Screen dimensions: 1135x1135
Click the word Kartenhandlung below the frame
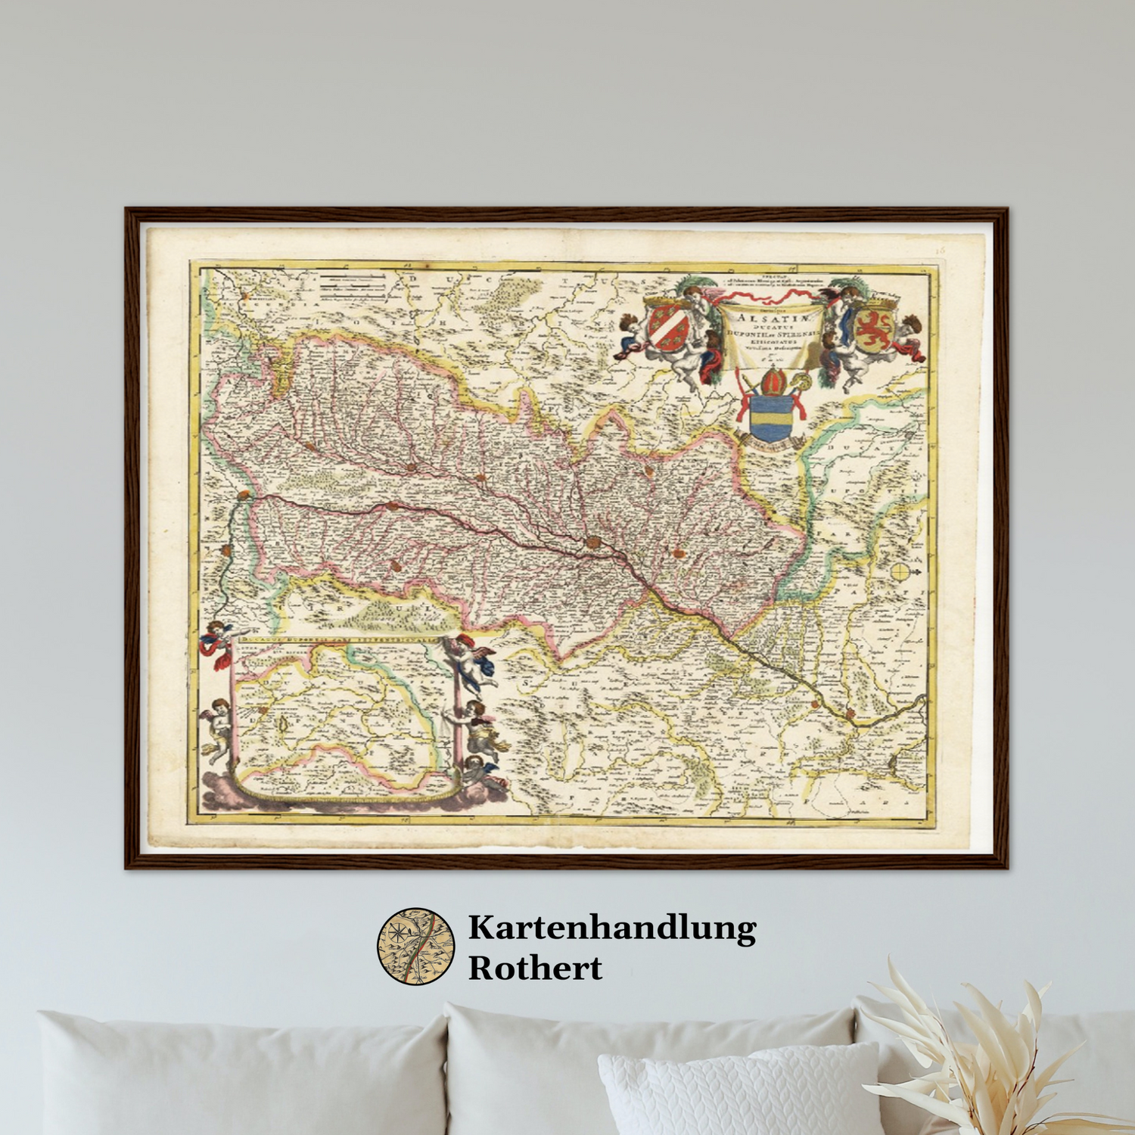tap(611, 928)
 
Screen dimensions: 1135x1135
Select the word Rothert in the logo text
tap(535, 968)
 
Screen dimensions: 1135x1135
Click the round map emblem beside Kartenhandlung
tap(416, 946)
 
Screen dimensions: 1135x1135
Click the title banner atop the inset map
tap(340, 640)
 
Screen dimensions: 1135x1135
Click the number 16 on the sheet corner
tap(941, 250)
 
